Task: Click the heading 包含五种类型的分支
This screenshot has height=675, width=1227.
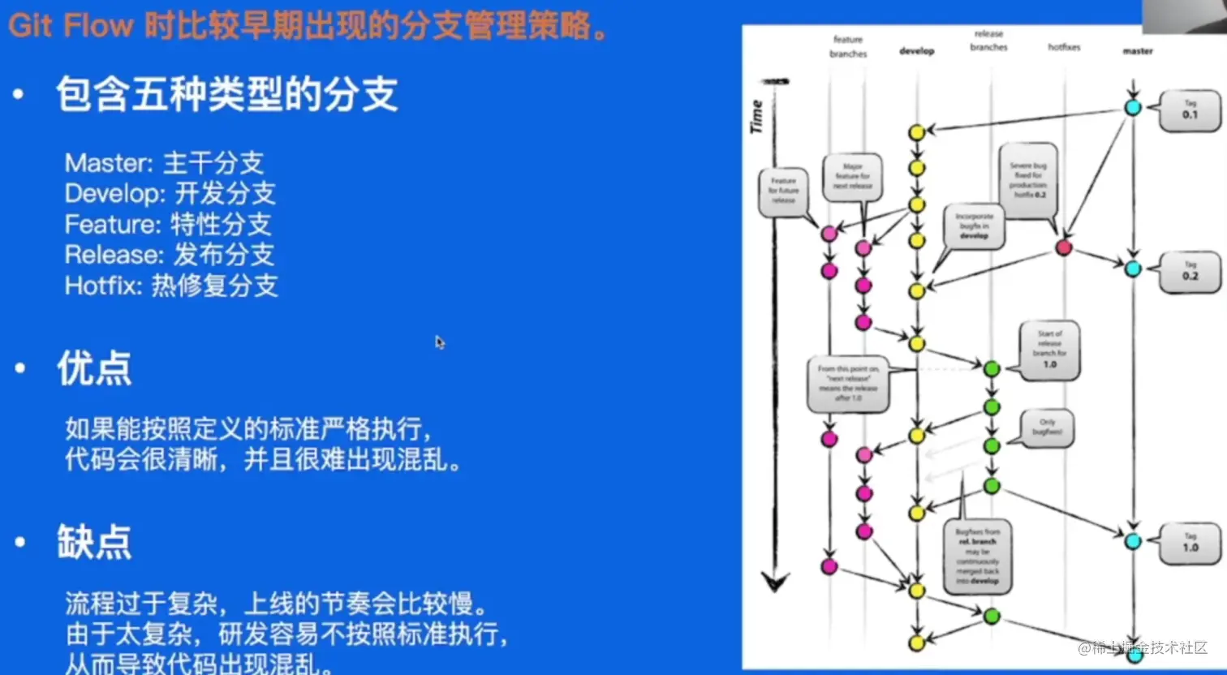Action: pyautogui.click(x=226, y=95)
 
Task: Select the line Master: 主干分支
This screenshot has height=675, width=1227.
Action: pyautogui.click(x=164, y=163)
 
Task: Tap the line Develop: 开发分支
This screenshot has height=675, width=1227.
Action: pyautogui.click(x=170, y=194)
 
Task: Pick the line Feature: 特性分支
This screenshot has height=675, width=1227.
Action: pyautogui.click(x=168, y=225)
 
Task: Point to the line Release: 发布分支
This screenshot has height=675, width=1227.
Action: pyautogui.click(x=170, y=255)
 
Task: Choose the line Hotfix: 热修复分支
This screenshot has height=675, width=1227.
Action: pyautogui.click(x=171, y=286)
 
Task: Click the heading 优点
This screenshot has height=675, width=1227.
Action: pyautogui.click(x=94, y=369)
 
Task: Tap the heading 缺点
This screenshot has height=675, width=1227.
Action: pyautogui.click(x=94, y=542)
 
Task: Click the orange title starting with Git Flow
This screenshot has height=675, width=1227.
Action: pyautogui.click(x=308, y=26)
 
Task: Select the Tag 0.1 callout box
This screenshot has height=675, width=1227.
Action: pyautogui.click(x=1189, y=110)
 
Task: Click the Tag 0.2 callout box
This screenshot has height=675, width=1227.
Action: pyautogui.click(x=1189, y=272)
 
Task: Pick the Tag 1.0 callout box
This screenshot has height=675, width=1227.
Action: pyautogui.click(x=1190, y=543)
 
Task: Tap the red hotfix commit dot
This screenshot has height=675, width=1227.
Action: pyautogui.click(x=1063, y=247)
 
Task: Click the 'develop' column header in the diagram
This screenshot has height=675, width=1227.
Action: pyautogui.click(x=917, y=51)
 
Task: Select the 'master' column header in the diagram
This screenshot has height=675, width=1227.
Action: pyautogui.click(x=1137, y=51)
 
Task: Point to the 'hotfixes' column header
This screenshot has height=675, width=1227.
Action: pyautogui.click(x=1064, y=48)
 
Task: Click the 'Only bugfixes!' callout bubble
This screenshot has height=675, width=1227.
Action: pyautogui.click(x=1047, y=428)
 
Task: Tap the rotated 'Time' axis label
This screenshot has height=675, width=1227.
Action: pyautogui.click(x=756, y=116)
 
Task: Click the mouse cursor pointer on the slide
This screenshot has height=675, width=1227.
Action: pyautogui.click(x=439, y=342)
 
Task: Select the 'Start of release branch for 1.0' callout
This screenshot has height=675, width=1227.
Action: pyautogui.click(x=1049, y=350)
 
